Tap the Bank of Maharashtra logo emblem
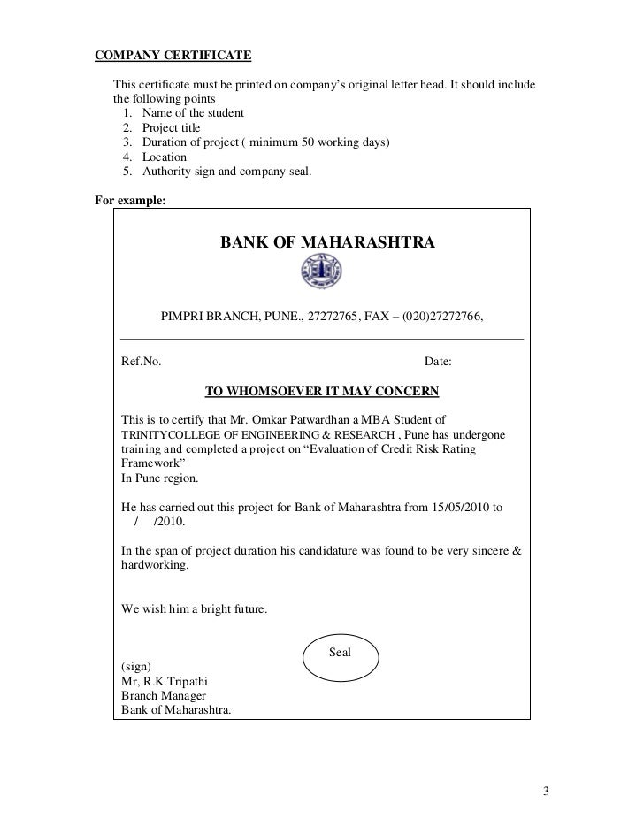point(321,272)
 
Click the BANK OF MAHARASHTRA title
point(327,241)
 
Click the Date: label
point(438,362)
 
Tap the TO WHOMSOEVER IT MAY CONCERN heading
point(322,390)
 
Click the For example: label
point(130,199)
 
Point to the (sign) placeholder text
point(136,665)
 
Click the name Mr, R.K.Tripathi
point(164,680)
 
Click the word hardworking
point(153,566)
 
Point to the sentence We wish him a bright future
point(194,609)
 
